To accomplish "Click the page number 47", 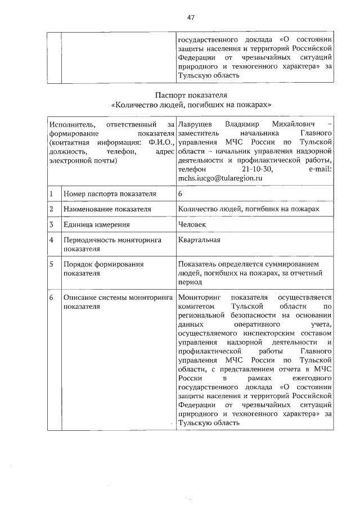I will (191, 17).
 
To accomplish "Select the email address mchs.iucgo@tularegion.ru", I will (220, 178).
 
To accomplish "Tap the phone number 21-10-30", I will (256, 169).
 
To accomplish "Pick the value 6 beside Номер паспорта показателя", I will (180, 194).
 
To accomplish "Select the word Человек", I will (192, 224).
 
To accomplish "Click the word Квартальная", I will (199, 240).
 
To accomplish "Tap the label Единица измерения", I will (97, 224).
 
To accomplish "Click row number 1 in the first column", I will (51, 194).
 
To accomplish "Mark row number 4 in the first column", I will (51, 240).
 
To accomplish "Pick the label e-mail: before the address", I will (318, 169).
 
